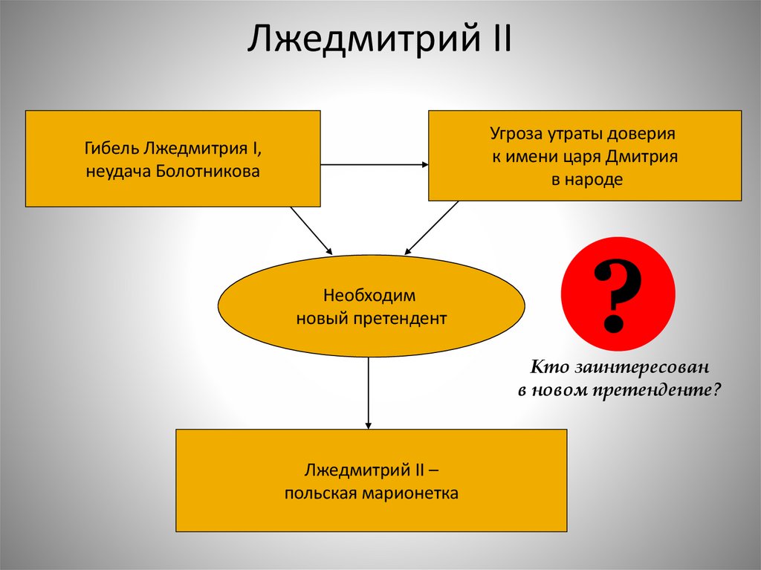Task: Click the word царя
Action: (x=582, y=158)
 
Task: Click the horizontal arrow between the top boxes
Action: (x=375, y=164)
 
